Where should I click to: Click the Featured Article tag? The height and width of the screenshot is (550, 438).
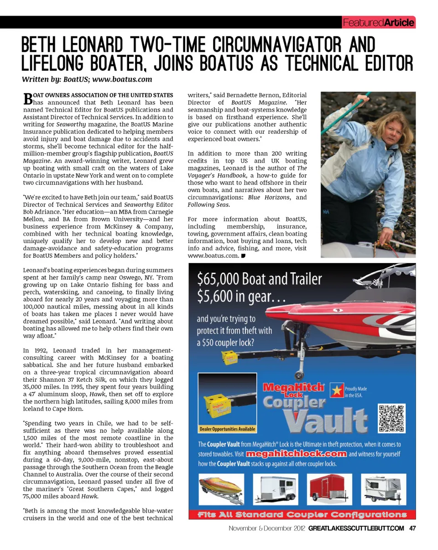(x=378, y=22)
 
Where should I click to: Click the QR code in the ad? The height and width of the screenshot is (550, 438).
(x=391, y=418)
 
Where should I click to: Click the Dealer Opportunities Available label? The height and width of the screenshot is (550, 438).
(x=227, y=429)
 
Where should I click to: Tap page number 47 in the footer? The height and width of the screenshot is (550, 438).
(x=412, y=529)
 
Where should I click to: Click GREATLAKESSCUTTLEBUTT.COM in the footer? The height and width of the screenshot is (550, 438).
(x=356, y=529)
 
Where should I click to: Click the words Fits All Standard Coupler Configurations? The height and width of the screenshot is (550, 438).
(x=302, y=515)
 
